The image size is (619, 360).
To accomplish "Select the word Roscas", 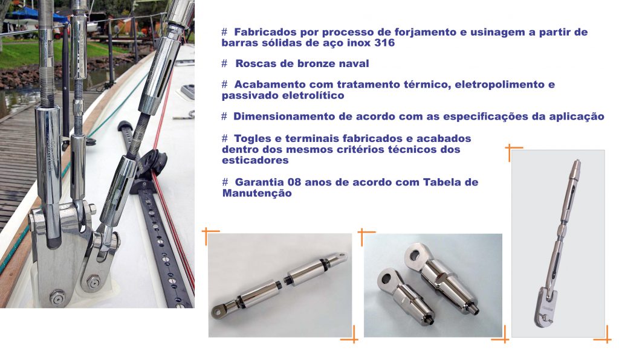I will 253,63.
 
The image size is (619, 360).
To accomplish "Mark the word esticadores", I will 254,160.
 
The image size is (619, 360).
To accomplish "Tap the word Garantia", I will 258,182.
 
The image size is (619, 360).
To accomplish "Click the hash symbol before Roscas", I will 224,63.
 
